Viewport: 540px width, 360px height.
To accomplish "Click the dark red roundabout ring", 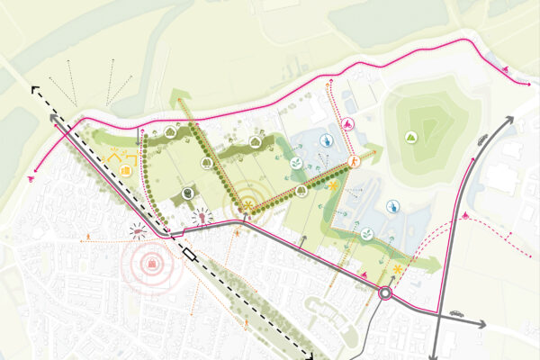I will [386, 292].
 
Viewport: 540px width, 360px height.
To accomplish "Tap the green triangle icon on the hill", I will [410, 138].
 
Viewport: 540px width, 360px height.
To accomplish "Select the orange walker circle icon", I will [355, 161].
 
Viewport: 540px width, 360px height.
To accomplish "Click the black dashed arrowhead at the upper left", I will [36, 90].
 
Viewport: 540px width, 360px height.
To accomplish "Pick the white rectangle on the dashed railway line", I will [189, 256].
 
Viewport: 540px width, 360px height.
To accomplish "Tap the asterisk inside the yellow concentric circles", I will [245, 208].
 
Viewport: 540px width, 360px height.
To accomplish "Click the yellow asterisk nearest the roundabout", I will [396, 269].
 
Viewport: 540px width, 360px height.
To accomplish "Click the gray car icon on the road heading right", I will [457, 315].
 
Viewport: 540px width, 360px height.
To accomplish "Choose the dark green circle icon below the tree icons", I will [188, 193].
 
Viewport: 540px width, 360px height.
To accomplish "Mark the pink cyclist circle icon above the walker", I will [348, 126].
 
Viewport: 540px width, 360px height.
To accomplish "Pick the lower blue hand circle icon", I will [393, 207].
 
